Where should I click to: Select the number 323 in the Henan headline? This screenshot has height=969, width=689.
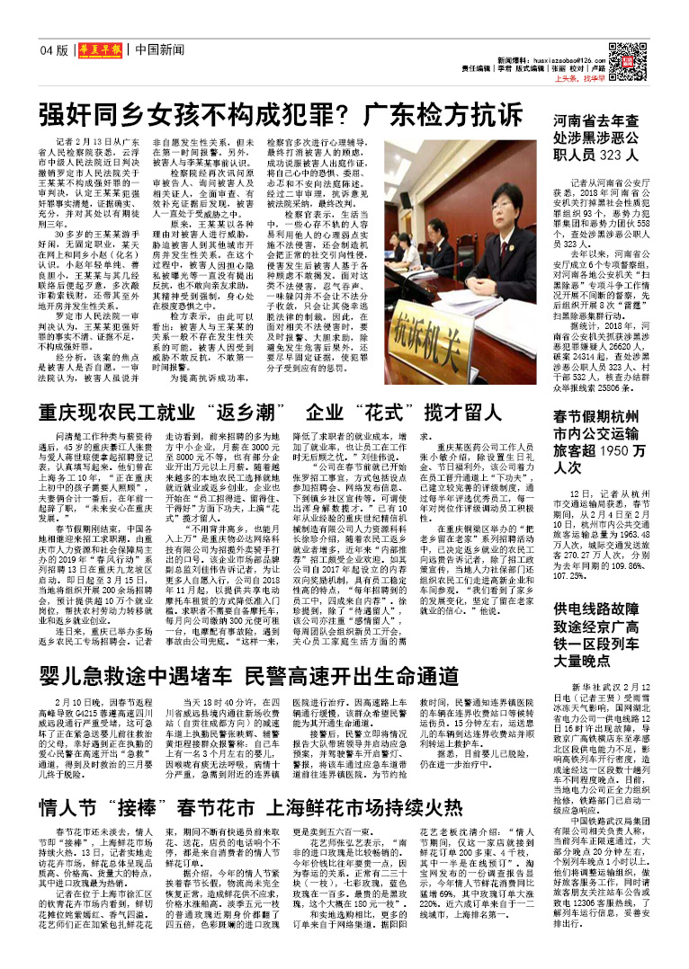pos(618,155)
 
